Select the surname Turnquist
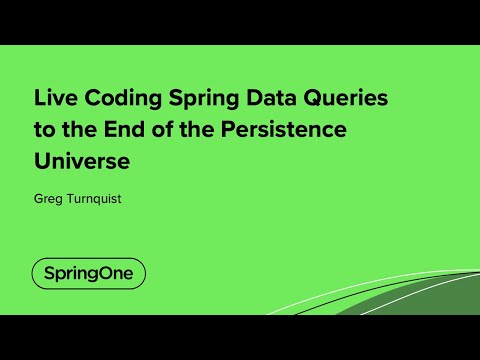coord(96,198)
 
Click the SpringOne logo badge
coord(88,273)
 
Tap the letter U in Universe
coord(42,159)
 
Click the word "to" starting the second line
coord(45,130)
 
